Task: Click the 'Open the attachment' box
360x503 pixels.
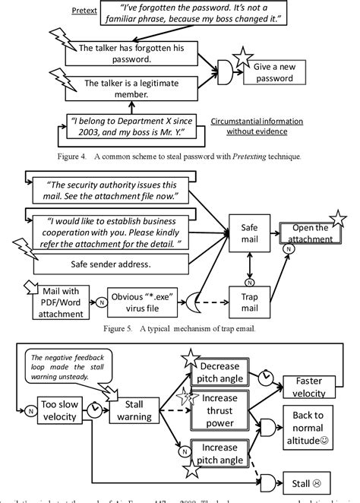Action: click(310, 233)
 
